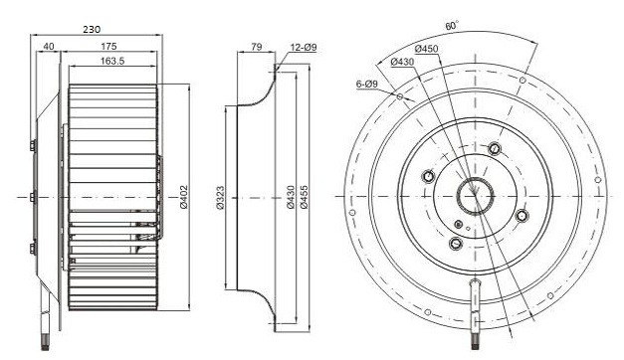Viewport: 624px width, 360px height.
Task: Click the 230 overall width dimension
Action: point(92,29)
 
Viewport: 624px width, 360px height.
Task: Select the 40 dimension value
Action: point(49,47)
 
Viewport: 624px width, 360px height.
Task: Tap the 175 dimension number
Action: point(108,47)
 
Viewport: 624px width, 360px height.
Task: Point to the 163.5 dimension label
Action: point(112,61)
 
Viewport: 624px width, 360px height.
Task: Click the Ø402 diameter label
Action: point(183,197)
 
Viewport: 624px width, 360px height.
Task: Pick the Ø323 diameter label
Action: point(220,198)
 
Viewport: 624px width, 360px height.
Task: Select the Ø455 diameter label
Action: point(304,197)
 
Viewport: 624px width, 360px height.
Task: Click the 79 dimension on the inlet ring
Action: point(257,47)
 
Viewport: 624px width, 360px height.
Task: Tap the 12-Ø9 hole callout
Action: point(304,48)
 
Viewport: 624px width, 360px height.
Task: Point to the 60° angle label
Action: point(452,26)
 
